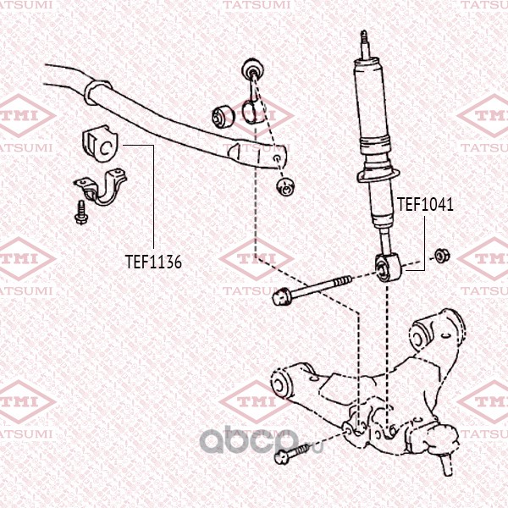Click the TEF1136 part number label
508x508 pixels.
pyautogui.click(x=153, y=262)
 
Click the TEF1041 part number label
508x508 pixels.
pyautogui.click(x=425, y=204)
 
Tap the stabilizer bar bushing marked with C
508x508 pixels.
pyautogui.click(x=100, y=144)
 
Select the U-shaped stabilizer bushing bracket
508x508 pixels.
pyautogui.click(x=100, y=186)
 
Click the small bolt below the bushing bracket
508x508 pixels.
pyautogui.click(x=80, y=213)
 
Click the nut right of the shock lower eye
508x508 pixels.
pyautogui.click(x=441, y=256)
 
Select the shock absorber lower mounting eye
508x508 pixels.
pyautogui.click(x=389, y=268)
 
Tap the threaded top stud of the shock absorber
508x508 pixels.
pyautogui.click(x=365, y=45)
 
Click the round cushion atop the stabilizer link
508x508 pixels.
pyautogui.click(x=252, y=69)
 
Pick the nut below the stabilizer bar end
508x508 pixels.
pyautogui.click(x=285, y=187)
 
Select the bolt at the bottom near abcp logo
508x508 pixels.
pyautogui.click(x=290, y=454)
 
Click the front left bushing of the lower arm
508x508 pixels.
pyautogui.click(x=280, y=384)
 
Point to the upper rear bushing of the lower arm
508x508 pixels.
pyautogui.click(x=420, y=337)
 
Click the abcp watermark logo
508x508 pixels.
pyautogui.click(x=261, y=441)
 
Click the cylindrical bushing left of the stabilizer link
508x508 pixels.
pyautogui.click(x=223, y=116)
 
